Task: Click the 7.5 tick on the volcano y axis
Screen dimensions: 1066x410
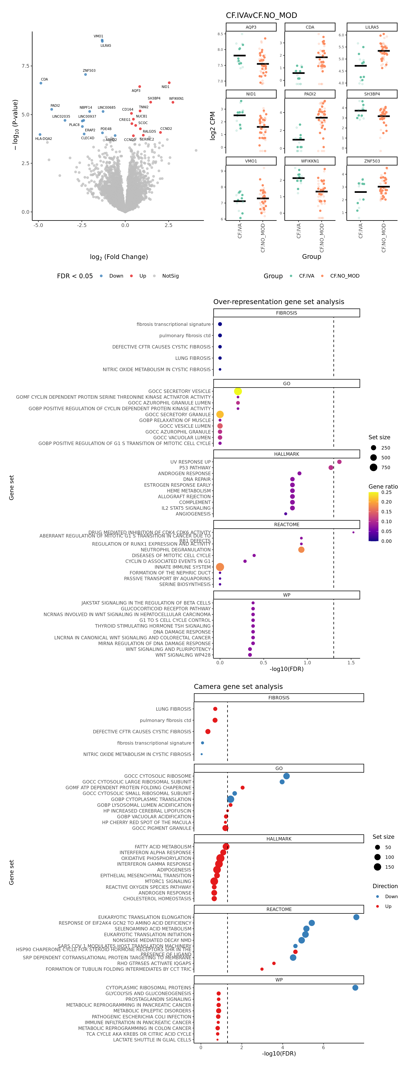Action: click(x=25, y=66)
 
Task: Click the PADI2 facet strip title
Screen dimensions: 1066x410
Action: click(x=310, y=94)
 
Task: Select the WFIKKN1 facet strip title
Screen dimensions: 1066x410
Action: click(x=310, y=161)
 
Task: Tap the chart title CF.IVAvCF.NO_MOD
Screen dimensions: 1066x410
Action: click(x=261, y=15)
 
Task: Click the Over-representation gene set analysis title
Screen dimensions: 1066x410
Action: click(x=278, y=302)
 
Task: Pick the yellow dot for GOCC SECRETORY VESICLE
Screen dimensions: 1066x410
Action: click(x=238, y=391)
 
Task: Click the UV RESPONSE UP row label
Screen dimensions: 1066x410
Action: click(x=190, y=462)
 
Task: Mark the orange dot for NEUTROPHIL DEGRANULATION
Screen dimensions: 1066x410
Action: click(x=301, y=550)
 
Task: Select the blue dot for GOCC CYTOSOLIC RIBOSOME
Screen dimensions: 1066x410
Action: click(x=286, y=776)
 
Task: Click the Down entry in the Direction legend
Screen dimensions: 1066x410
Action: click(x=391, y=896)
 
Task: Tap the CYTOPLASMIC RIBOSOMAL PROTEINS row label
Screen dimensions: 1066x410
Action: click(x=149, y=987)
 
